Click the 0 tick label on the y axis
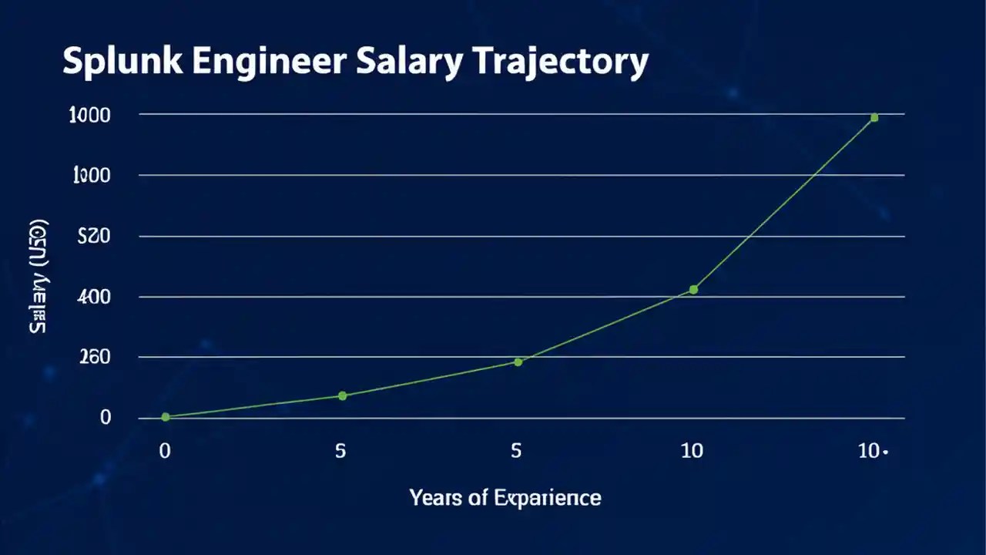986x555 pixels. (106, 418)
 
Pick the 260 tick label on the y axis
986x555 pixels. (96, 357)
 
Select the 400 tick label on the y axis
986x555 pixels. (96, 297)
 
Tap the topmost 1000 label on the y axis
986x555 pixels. (90, 115)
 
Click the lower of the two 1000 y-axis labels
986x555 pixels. (91, 176)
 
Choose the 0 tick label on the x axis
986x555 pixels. (164, 451)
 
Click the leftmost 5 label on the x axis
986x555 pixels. (341, 451)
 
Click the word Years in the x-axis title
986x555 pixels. (437, 498)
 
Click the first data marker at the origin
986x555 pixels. (166, 417)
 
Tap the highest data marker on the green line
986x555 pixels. (874, 118)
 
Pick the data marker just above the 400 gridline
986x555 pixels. (693, 290)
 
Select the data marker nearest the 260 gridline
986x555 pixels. (518, 362)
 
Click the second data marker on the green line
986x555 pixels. (343, 395)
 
